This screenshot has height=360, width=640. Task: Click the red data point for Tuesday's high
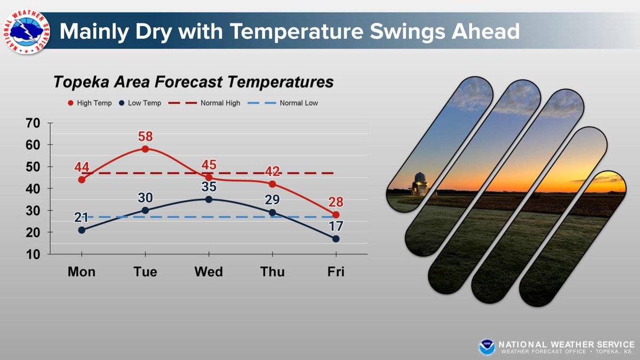[145, 149]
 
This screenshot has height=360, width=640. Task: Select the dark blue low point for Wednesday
[209, 199]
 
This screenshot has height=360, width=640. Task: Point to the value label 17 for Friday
[336, 226]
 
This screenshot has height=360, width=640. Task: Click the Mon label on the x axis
[82, 271]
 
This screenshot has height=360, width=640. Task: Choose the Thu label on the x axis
[273, 271]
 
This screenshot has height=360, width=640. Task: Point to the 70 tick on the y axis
[33, 123]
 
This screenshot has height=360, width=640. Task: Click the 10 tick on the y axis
[33, 254]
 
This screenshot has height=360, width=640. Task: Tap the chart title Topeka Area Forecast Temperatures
[193, 82]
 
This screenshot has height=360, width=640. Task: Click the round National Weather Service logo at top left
[26, 31]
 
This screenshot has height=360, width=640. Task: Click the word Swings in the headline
[376, 32]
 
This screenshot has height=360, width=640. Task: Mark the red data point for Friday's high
[336, 214]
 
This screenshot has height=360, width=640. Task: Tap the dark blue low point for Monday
[82, 230]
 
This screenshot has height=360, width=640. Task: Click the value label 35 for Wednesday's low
[209, 186]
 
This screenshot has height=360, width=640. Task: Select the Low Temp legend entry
[142, 103]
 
